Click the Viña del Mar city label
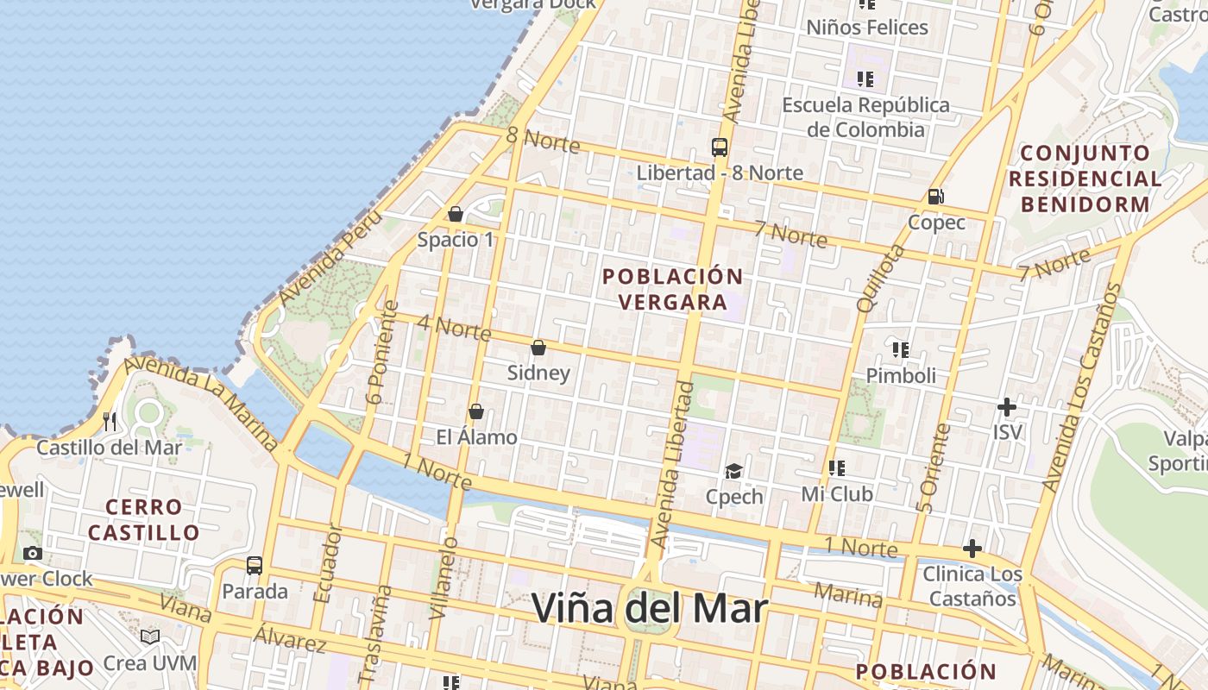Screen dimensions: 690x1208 point(649,608)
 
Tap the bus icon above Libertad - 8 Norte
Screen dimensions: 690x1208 point(720,147)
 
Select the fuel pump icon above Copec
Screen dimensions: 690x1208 point(935,197)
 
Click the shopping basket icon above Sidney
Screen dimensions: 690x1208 point(538,348)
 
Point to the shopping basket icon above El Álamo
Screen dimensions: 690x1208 point(475,412)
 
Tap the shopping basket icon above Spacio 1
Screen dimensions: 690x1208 point(456,214)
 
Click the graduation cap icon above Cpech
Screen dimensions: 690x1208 point(733,471)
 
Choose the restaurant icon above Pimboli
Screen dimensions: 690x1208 point(901,350)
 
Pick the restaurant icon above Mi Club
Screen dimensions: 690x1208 point(836,468)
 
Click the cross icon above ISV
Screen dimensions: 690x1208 point(1006,406)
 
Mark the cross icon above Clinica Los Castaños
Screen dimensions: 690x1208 point(972,549)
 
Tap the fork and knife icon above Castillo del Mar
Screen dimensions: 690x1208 point(110,422)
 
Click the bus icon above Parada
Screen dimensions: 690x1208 point(255,566)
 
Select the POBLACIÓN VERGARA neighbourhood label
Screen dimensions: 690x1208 point(673,289)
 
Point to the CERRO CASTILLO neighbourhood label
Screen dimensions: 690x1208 point(144,519)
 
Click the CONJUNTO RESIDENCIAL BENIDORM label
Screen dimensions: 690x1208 point(1085,179)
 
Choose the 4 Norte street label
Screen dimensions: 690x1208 point(454,328)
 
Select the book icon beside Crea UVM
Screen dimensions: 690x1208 point(150,637)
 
